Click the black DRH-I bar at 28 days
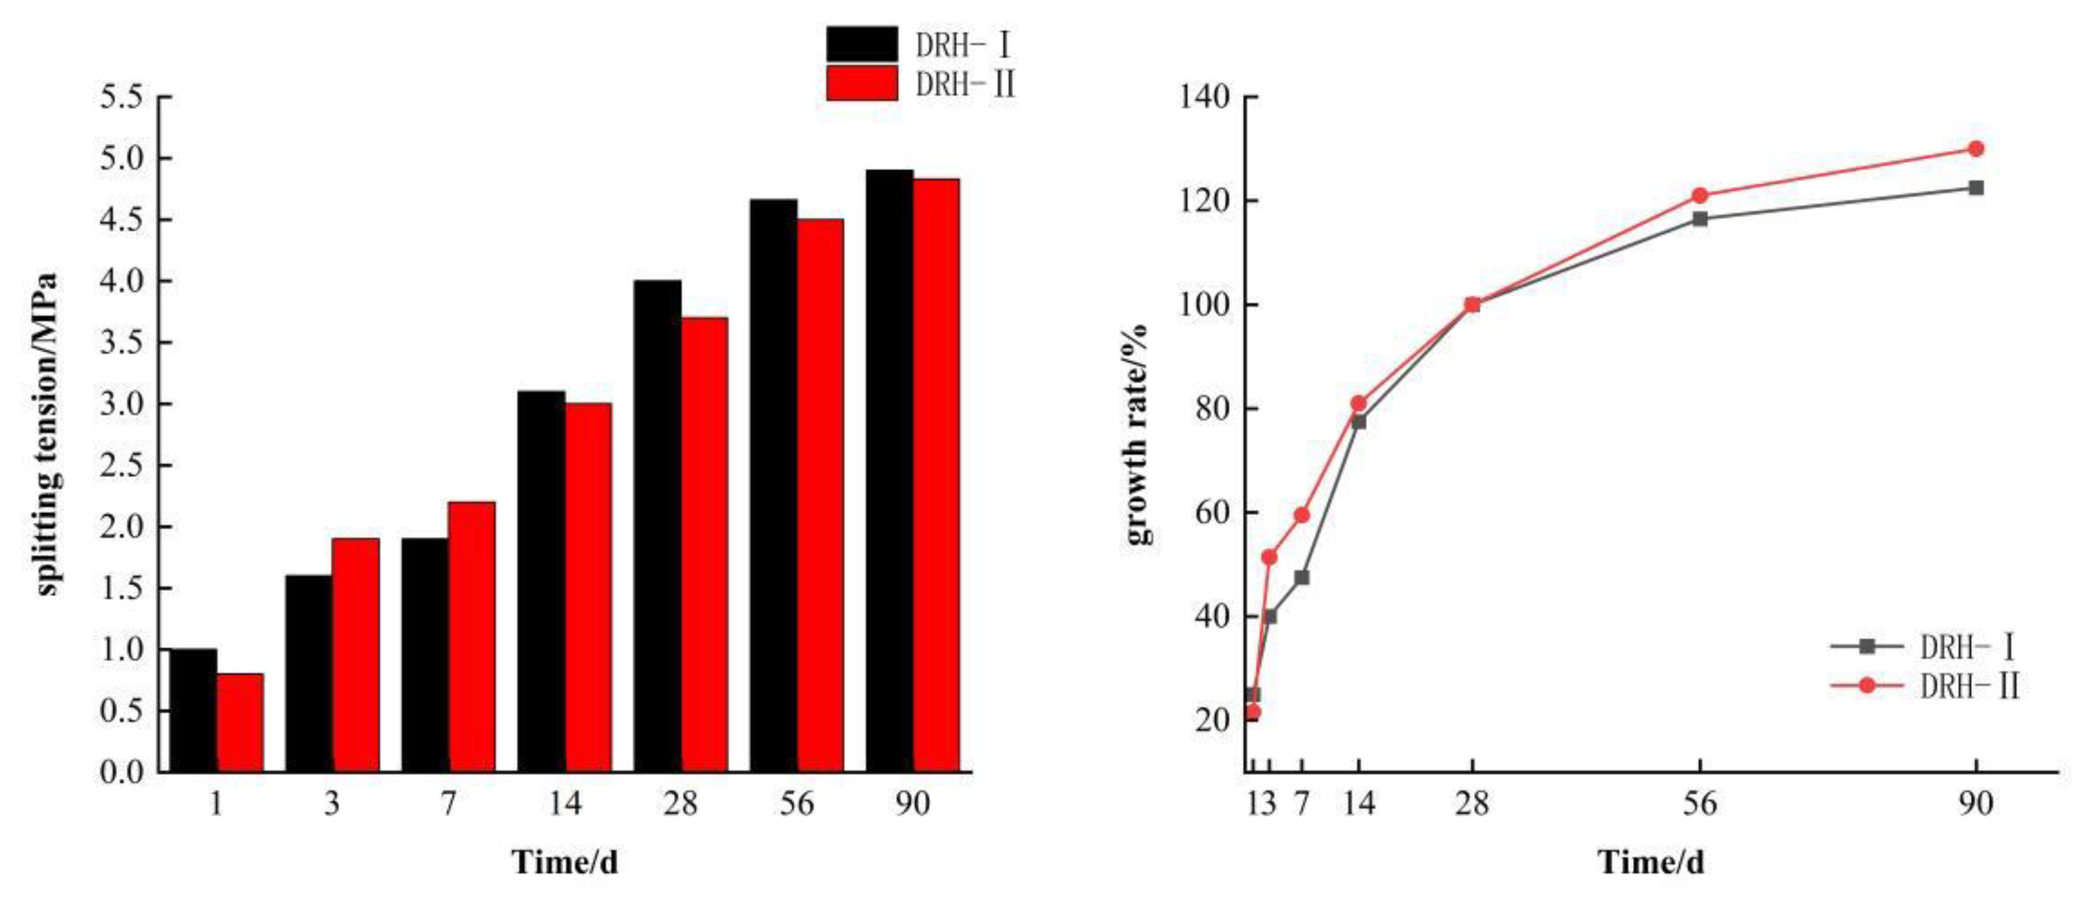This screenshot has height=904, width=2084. pos(657,525)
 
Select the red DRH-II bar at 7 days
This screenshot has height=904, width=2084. pos(471,637)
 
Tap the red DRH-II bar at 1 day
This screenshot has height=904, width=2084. pos(240,722)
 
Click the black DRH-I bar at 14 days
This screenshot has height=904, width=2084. pos(541,580)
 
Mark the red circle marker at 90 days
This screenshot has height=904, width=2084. pos(1975,149)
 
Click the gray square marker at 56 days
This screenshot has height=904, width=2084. pos(1700,218)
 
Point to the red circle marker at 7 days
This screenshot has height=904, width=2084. pos(1302,515)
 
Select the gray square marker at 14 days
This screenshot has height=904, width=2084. pos(1358,422)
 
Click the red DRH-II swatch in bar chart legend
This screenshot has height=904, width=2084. pos(862,83)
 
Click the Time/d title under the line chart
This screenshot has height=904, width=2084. pos(1650,862)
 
